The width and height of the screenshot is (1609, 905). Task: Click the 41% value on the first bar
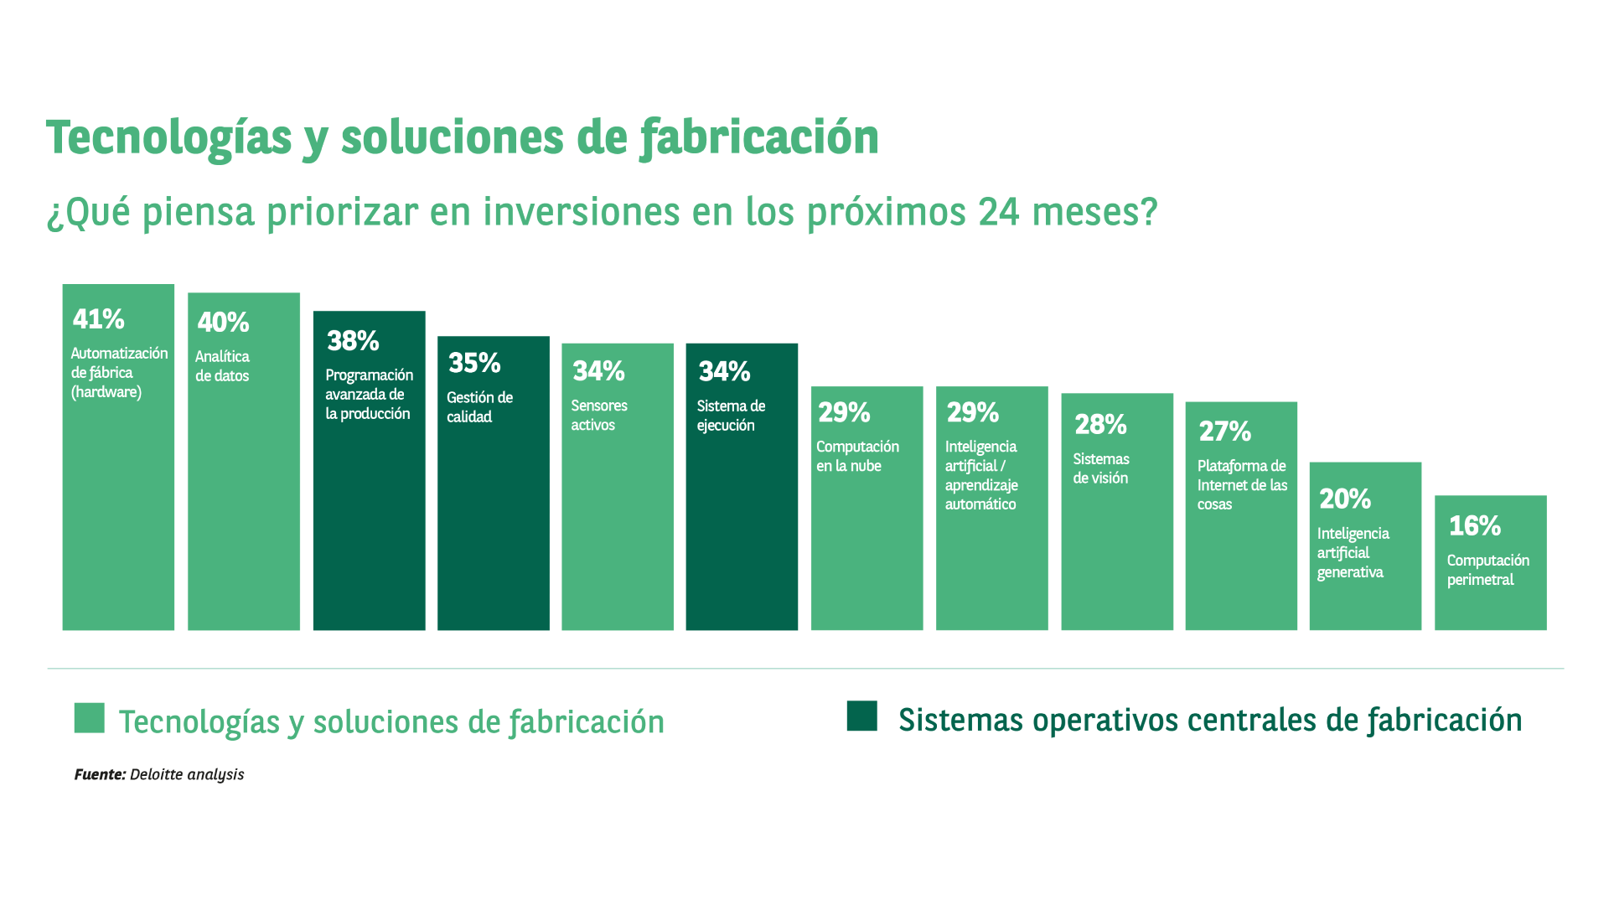pos(98,318)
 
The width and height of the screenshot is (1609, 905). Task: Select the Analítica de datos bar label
pos(222,366)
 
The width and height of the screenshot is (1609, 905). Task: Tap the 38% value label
pos(353,340)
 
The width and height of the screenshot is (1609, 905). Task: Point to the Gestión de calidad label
pos(479,407)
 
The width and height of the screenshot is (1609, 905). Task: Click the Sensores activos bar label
pos(599,415)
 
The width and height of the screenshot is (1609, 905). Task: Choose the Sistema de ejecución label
pos(731,416)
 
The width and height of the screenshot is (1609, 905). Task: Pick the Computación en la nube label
pos(857,456)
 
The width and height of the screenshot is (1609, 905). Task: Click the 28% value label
pos(1100,424)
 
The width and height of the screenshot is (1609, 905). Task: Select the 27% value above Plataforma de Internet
pos(1224,432)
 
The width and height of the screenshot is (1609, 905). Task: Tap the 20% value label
pos(1345,499)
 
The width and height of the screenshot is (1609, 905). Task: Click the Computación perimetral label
pos(1487,570)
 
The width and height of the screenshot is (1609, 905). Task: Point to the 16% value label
pos(1474,525)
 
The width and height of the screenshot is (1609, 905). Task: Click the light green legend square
pos(89,718)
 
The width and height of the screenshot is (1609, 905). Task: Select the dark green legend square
pos(861,716)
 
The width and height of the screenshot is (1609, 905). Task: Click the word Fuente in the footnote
pos(100,774)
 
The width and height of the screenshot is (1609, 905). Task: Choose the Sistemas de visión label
pos(1101,468)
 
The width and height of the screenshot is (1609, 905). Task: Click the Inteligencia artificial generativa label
pos(1353,553)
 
